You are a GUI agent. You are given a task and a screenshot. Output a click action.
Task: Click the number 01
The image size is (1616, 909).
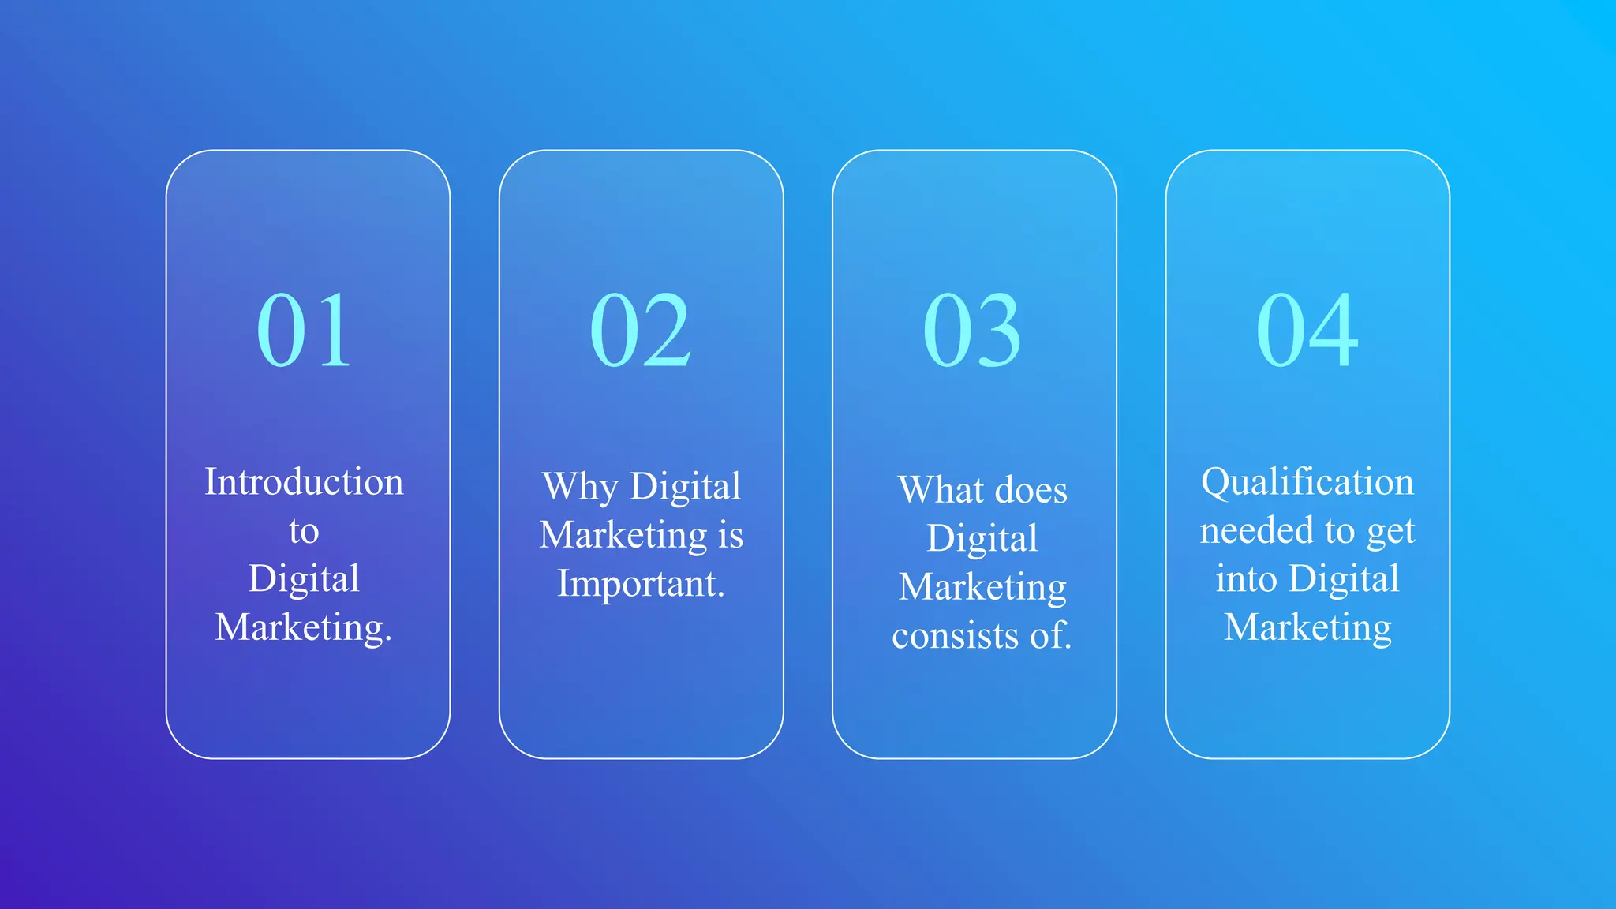click(304, 330)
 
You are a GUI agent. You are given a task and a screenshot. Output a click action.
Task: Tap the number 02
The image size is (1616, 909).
click(640, 330)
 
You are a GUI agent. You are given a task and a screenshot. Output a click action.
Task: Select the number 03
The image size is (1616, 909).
click(972, 330)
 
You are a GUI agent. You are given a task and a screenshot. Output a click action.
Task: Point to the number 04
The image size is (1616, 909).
click(1307, 330)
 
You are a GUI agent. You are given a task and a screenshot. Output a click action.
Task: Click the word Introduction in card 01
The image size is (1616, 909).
click(304, 481)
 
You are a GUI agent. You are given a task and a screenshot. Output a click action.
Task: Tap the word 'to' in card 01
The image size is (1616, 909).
click(304, 531)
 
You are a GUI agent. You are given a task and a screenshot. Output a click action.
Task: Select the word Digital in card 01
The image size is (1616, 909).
click(304, 578)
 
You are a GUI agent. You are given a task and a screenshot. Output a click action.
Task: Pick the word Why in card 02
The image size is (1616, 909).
click(580, 487)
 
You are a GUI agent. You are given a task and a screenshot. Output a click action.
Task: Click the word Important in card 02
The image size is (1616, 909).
click(637, 584)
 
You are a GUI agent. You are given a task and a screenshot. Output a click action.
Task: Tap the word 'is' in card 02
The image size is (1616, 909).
click(731, 535)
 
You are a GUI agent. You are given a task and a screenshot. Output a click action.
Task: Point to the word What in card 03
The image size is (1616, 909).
click(941, 490)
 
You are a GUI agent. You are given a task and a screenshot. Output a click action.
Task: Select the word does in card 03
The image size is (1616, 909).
click(1031, 490)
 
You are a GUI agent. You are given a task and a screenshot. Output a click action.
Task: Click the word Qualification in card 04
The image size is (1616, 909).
click(1307, 481)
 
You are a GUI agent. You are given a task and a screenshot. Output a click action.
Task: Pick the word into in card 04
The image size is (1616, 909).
click(1246, 578)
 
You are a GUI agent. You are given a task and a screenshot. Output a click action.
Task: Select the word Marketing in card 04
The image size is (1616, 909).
click(1307, 627)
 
